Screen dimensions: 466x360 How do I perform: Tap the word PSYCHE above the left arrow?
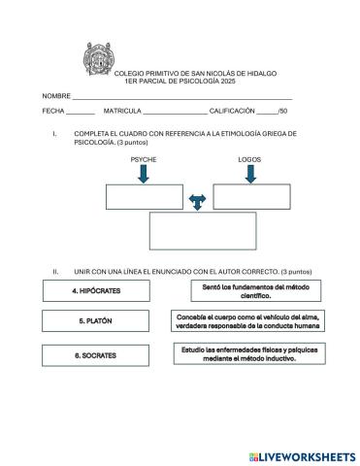[143, 158]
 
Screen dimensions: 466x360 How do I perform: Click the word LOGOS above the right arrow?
[249, 158]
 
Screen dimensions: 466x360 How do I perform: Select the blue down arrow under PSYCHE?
[144, 174]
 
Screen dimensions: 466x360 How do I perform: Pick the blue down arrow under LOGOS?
[250, 174]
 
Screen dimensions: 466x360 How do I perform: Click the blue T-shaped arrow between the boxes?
[198, 201]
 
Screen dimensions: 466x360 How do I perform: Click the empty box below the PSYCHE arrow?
[144, 196]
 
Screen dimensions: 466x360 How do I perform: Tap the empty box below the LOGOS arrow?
[251, 196]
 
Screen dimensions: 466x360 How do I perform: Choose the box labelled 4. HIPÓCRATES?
[95, 290]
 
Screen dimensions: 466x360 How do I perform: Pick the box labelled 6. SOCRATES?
[95, 355]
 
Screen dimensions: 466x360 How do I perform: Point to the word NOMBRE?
[56, 97]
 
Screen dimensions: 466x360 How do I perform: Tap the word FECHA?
[52, 112]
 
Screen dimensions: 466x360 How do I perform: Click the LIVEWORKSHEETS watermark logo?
[302, 455]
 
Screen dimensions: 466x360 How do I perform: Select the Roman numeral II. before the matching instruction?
[56, 272]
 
